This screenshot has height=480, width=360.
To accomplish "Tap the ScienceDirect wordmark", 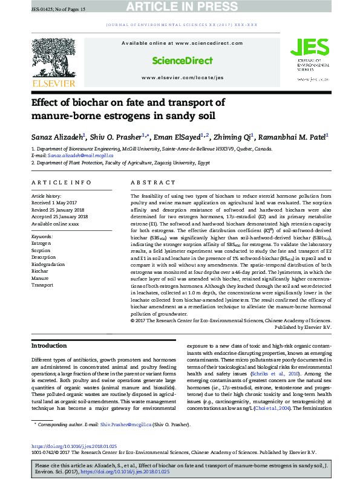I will (x=182, y=60).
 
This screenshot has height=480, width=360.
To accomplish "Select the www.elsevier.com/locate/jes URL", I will (x=182, y=78).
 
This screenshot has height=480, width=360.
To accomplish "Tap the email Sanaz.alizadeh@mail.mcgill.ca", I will (x=74, y=156).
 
